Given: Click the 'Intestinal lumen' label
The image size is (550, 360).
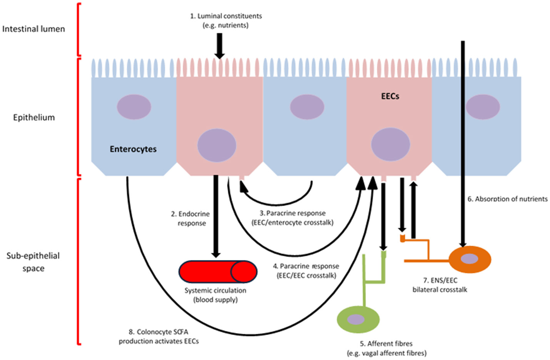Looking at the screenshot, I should [x=33, y=29].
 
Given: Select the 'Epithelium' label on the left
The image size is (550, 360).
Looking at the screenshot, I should [x=34, y=117].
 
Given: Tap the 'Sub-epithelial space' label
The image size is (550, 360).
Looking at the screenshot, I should [x=33, y=262].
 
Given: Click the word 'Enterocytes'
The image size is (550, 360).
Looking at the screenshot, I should [x=133, y=149].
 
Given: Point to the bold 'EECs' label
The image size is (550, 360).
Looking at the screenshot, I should [x=390, y=97].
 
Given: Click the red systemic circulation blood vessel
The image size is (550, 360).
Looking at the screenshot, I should [x=217, y=272].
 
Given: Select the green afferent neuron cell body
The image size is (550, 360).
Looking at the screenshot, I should [x=358, y=319].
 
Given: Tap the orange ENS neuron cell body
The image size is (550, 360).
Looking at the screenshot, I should [x=470, y=259].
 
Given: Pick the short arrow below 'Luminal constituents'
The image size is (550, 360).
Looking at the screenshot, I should [x=219, y=46].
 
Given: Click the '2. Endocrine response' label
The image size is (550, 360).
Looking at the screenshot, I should [x=191, y=218].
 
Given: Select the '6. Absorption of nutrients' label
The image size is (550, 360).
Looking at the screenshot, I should [x=507, y=199].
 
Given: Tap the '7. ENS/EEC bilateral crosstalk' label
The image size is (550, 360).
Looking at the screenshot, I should [x=440, y=285].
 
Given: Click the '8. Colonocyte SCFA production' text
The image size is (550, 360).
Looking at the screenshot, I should [x=159, y=337].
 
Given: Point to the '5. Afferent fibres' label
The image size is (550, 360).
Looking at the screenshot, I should [x=387, y=348].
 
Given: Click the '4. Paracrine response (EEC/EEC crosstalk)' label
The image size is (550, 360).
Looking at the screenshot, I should [x=306, y=271].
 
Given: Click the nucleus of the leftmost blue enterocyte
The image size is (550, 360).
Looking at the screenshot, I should [x=134, y=107].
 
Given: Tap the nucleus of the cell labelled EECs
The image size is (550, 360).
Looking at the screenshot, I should [x=390, y=145].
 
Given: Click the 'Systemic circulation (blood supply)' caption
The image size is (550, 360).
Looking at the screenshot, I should [x=215, y=295].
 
